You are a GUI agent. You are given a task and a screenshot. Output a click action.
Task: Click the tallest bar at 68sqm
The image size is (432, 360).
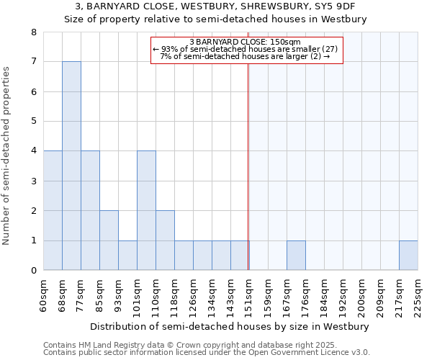pos(71,166)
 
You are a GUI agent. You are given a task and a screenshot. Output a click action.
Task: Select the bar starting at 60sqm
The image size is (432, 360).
pos(53,210)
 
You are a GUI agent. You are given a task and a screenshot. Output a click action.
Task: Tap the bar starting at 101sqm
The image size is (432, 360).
pos(146,210)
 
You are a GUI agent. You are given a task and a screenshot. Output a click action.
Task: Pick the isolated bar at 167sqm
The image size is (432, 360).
pos(296,256)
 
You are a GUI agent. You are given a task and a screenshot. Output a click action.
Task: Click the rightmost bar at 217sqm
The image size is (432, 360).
pos(408,256)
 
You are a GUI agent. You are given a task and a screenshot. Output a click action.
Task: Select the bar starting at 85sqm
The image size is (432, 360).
pos(109,240)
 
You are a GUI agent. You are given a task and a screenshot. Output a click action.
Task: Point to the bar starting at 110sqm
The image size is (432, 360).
pos(165,240)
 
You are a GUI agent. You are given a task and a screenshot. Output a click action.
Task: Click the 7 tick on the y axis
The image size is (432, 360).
pos(33,62)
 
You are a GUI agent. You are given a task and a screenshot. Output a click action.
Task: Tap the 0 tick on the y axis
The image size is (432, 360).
pos(33,271)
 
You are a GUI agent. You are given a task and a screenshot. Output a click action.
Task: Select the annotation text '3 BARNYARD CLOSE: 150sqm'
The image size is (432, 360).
pos(246,42)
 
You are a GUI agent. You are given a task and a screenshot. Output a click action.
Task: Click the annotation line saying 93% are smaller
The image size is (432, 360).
pos(246,49)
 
